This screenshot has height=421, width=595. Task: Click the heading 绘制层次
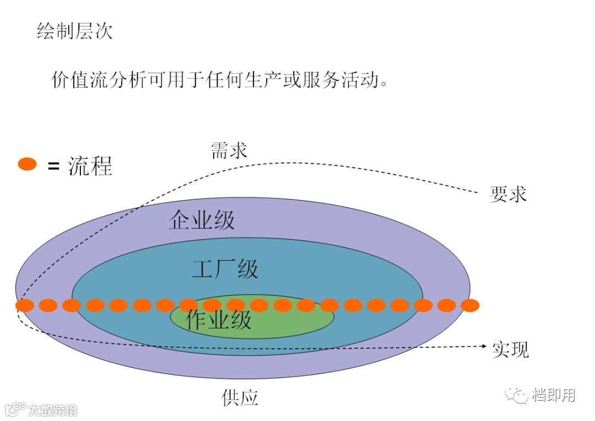pos(74,31)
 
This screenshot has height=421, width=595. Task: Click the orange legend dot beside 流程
pos(27,164)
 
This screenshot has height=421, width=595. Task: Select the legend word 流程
pos(90,165)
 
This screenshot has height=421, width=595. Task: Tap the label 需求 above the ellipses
pos(229,150)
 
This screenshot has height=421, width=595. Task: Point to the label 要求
pos(508,194)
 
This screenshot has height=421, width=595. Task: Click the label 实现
pos(510,349)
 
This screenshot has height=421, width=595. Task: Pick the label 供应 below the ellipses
pos(240,397)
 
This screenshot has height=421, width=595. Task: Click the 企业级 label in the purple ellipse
pos(202,220)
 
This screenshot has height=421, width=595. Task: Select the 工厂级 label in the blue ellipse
pos(225,269)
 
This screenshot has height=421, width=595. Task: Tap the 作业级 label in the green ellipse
pos(219,320)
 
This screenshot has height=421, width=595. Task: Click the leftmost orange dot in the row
pos(25,305)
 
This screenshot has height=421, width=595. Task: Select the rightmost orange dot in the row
pos(470,305)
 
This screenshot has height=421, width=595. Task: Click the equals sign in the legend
pos(53,165)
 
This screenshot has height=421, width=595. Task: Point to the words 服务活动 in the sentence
pos(339,80)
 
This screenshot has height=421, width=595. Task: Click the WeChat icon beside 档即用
pos(517,395)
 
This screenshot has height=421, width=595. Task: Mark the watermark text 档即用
pos(553,395)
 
